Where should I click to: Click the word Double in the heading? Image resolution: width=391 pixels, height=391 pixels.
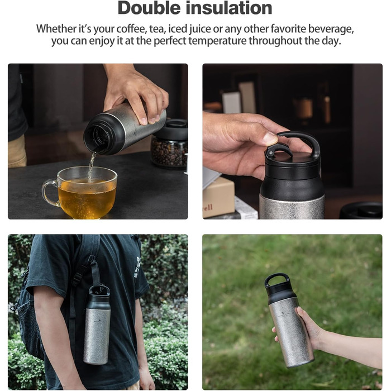(149, 8)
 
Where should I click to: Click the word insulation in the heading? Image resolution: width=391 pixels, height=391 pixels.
(229, 8)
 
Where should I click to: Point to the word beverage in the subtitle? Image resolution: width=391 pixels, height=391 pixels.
(331, 30)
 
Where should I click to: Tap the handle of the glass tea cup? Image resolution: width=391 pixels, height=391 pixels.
(49, 193)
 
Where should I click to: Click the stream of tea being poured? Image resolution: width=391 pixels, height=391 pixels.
(91, 166)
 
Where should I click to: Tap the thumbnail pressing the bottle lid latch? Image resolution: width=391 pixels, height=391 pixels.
(270, 139)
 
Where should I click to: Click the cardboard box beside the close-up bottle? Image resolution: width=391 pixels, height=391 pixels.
(218, 197)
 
